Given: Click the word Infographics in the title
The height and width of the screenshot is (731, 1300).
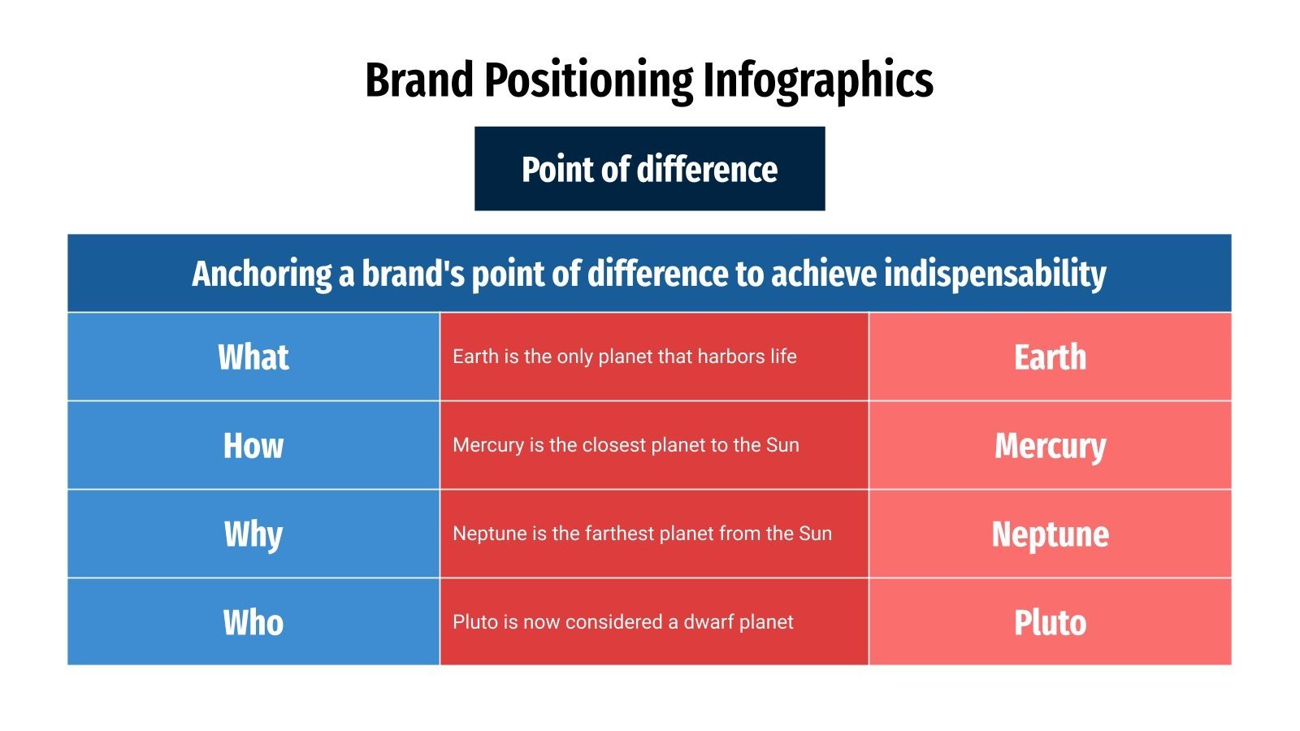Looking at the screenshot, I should tap(817, 80).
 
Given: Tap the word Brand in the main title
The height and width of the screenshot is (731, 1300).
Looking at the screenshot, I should tap(418, 80).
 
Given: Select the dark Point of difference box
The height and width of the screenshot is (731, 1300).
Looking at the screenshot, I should tap(649, 169).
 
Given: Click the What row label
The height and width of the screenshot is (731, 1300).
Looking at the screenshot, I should tap(253, 357).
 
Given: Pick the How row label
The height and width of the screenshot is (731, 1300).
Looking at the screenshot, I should tap(253, 446).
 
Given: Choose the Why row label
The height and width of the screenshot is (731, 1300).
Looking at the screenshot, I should tap(253, 534).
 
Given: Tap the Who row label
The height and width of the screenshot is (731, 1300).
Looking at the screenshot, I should tap(253, 623).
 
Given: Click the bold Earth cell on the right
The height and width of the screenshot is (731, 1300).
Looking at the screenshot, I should tap(1050, 357).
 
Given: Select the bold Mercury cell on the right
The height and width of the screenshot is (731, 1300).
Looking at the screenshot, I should tap(1050, 446).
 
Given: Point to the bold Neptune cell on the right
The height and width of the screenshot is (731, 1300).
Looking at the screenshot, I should tap(1050, 534).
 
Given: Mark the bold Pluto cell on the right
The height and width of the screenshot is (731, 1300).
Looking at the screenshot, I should tap(1050, 623).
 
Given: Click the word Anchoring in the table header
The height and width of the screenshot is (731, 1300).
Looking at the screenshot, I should tap(262, 274).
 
